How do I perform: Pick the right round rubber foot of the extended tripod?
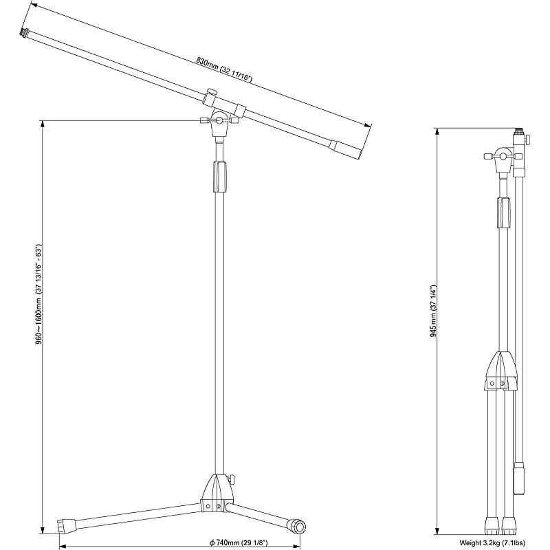point(298,527)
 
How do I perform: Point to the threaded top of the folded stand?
point(518,130)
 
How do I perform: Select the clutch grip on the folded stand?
point(504,213)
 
